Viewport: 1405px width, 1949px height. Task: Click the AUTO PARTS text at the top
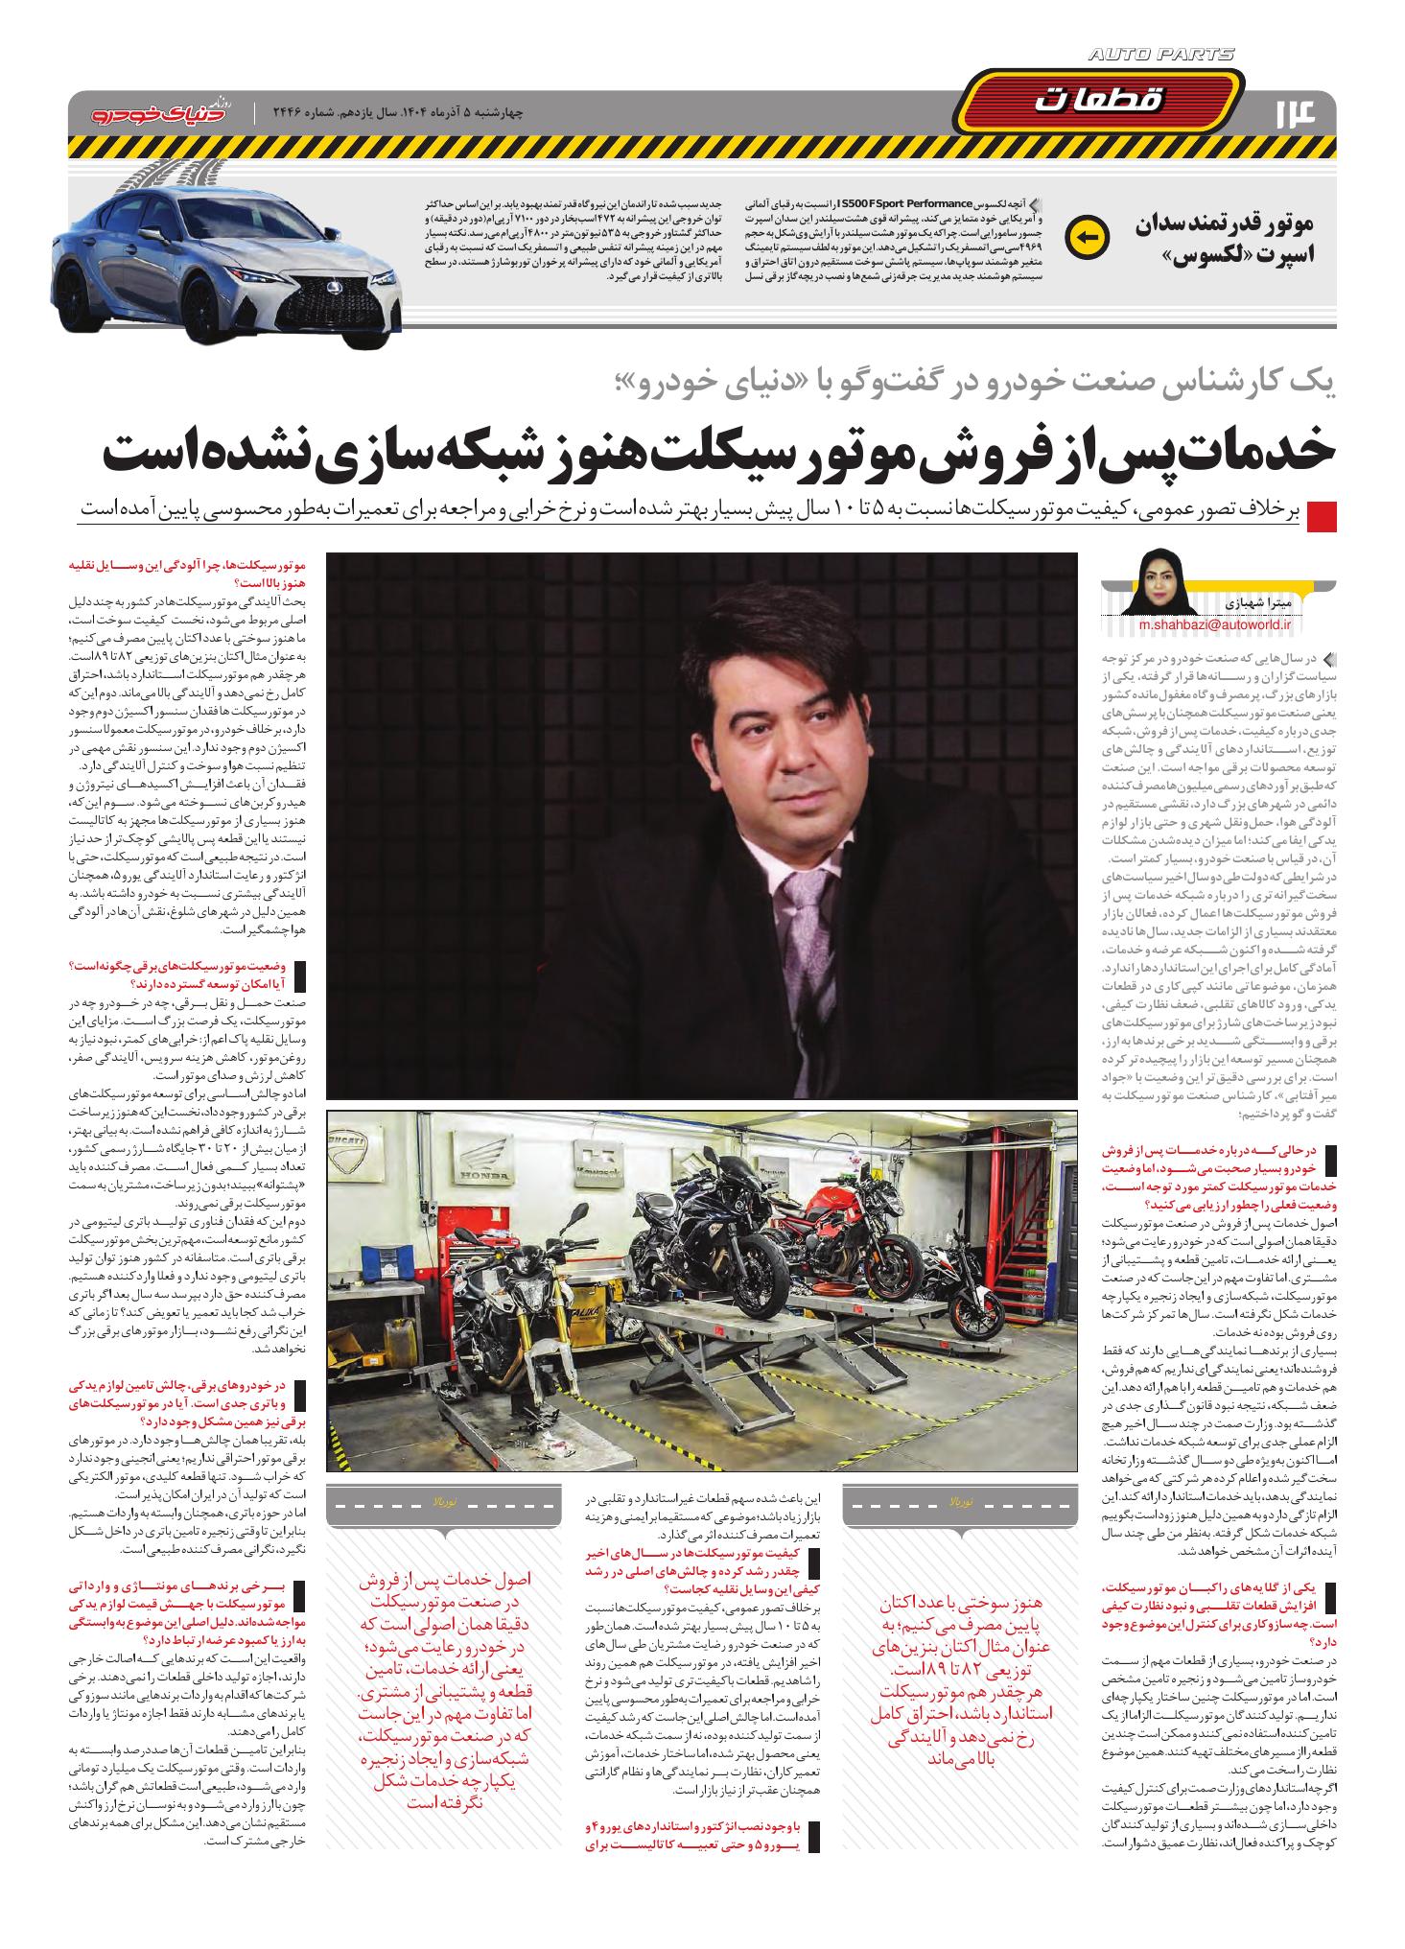[x=1161, y=56]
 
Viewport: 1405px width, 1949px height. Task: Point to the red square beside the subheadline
[x=1322, y=513]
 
